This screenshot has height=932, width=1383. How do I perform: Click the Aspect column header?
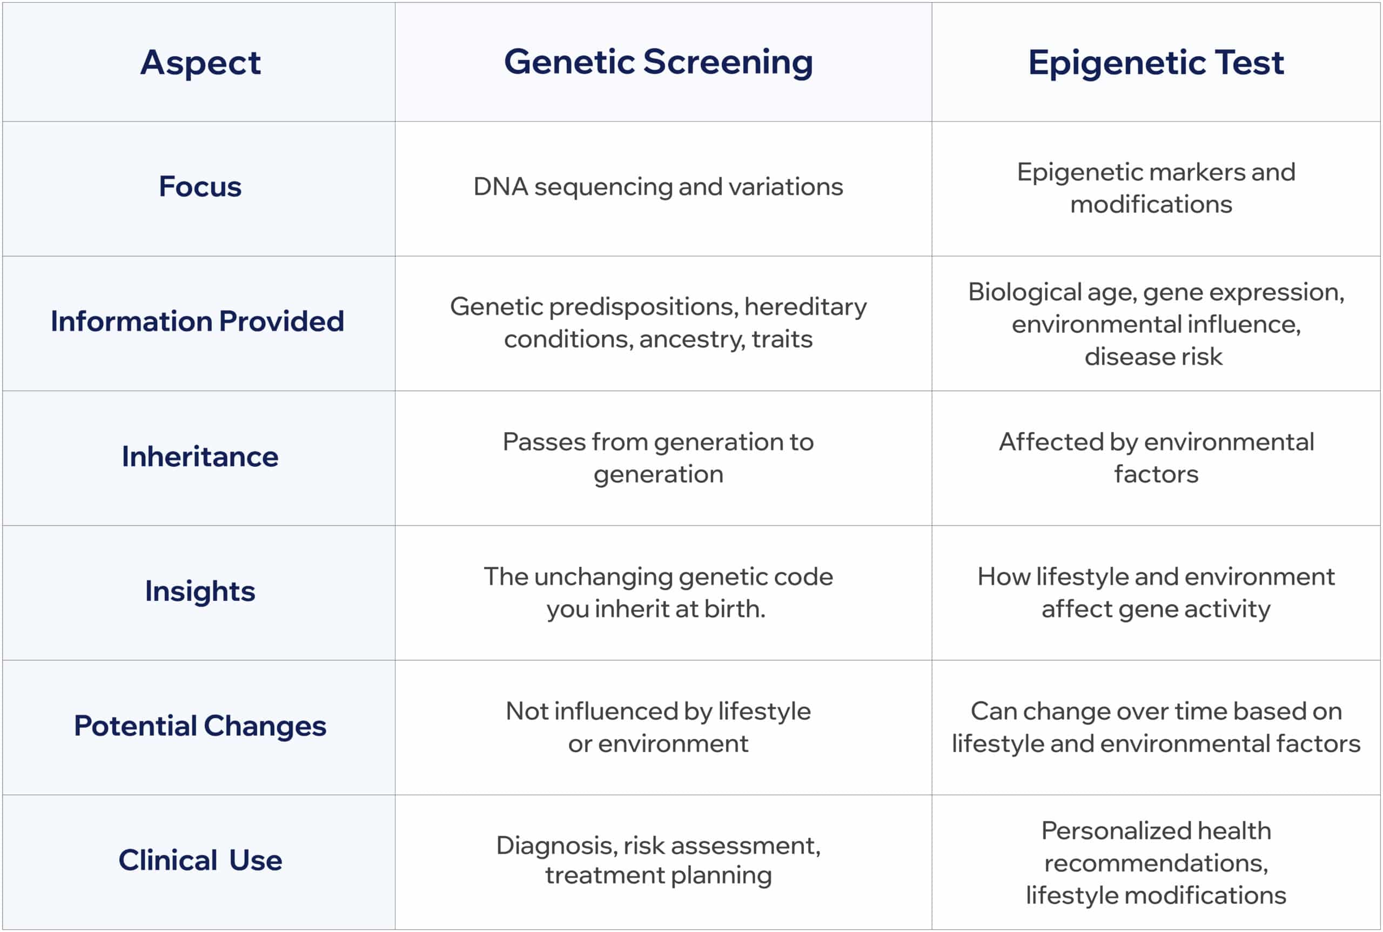click(x=200, y=63)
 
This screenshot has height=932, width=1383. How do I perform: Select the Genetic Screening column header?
click(x=659, y=63)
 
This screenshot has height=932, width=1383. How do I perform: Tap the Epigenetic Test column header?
click(x=1156, y=63)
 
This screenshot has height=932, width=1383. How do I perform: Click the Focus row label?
click(x=200, y=186)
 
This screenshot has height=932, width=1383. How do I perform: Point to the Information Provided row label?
click(x=197, y=321)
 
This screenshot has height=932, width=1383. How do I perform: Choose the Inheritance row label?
click(x=200, y=457)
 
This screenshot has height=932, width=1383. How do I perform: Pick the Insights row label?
click(x=200, y=592)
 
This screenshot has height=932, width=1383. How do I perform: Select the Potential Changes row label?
click(x=200, y=726)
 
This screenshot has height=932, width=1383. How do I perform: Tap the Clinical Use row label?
click(x=200, y=860)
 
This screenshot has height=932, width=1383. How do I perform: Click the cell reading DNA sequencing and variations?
click(x=659, y=186)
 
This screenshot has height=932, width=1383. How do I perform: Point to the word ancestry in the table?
click(x=693, y=339)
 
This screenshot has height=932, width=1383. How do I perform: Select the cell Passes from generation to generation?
click(x=659, y=458)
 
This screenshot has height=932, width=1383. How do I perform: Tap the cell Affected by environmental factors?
click(x=1156, y=458)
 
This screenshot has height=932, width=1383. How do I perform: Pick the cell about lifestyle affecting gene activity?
click(x=1156, y=593)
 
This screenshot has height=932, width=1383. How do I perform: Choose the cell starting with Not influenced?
click(x=659, y=727)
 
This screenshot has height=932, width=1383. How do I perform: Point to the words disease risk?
click(x=1153, y=357)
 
